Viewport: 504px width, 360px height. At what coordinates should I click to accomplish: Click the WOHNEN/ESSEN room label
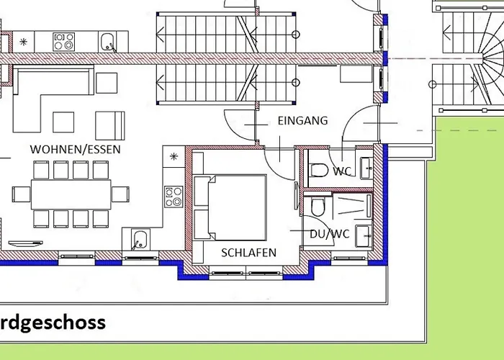[75, 150]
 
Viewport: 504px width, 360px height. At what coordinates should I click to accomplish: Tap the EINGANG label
[303, 121]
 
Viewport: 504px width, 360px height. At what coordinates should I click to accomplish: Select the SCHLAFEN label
[249, 253]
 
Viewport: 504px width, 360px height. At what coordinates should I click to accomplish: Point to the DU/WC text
[330, 234]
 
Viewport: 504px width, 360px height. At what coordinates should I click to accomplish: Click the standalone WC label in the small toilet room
[342, 171]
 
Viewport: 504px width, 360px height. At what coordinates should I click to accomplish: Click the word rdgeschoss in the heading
[53, 323]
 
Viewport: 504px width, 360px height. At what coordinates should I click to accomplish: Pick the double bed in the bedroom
[237, 207]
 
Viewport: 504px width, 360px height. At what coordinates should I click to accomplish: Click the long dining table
[71, 194]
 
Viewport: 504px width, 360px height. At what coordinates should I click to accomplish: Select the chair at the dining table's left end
[21, 194]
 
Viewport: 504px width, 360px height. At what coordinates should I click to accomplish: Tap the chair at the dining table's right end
[120, 194]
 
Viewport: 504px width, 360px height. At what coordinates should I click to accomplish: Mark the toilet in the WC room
[319, 171]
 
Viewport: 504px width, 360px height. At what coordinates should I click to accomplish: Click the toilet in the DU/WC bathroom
[318, 207]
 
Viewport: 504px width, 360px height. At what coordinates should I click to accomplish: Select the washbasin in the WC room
[366, 168]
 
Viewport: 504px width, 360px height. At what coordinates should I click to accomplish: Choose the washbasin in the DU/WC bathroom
[364, 236]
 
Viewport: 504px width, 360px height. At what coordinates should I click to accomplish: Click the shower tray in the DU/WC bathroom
[353, 206]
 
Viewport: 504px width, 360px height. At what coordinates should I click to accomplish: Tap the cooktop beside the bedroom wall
[174, 197]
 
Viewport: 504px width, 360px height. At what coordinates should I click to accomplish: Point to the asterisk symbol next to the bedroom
[174, 156]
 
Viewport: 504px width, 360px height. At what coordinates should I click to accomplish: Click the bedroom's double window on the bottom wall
[246, 273]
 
